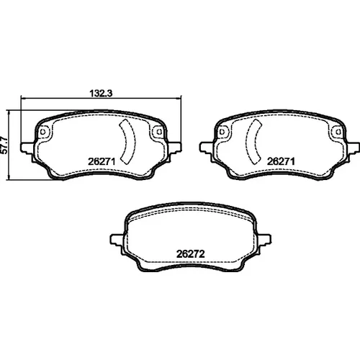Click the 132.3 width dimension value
point(101,93)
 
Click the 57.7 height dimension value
point(4,145)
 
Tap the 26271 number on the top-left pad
point(102,161)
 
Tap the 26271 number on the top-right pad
point(281,161)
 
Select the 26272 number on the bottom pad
point(191,254)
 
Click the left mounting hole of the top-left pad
point(43,132)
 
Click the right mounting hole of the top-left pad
point(159,132)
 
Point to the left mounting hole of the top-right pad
point(222,132)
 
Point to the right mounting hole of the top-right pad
point(338,132)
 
